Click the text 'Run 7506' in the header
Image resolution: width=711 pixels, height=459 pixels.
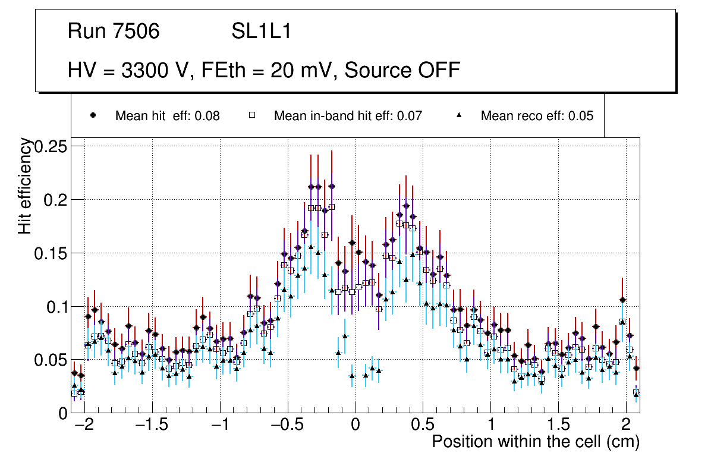pyautogui.click(x=114, y=32)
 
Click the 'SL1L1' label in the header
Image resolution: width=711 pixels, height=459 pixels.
pyautogui.click(x=262, y=32)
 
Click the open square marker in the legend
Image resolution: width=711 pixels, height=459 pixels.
pyautogui.click(x=251, y=116)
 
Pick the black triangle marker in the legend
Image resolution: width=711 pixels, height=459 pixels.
pyautogui.click(x=459, y=116)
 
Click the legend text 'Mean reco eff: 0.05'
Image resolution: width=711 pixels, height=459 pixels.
pyautogui.click(x=537, y=116)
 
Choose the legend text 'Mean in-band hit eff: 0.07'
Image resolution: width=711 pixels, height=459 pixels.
pyautogui.click(x=348, y=116)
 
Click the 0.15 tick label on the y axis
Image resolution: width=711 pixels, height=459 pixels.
pyautogui.click(x=52, y=253)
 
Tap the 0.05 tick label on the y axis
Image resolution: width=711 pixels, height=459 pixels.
pyautogui.click(x=52, y=360)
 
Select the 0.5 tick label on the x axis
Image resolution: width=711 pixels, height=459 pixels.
pyautogui.click(x=423, y=426)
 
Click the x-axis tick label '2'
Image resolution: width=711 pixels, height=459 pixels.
pyautogui.click(x=625, y=426)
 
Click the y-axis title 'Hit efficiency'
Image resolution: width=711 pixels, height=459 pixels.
pyautogui.click(x=26, y=186)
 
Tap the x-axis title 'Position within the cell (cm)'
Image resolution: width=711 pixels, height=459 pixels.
pyautogui.click(x=535, y=442)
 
